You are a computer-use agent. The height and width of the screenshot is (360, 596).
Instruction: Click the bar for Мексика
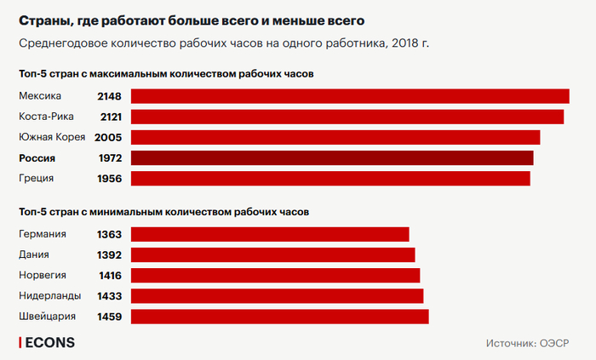(x=349, y=96)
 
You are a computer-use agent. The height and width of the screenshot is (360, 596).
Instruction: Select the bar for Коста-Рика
(x=347, y=117)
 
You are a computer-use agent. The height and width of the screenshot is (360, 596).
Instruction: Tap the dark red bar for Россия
(x=331, y=158)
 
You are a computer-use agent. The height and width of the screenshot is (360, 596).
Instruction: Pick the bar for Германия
(x=269, y=234)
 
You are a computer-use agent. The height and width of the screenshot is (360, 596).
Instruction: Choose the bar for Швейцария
(x=279, y=317)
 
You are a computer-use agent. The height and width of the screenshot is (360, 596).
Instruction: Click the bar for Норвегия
(x=275, y=275)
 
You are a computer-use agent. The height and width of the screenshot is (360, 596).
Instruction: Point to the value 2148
(x=110, y=96)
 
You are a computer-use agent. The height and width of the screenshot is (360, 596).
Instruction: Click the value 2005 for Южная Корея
(x=108, y=137)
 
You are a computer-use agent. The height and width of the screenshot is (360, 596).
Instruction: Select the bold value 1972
(x=110, y=158)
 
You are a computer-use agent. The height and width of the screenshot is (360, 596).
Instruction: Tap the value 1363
(x=110, y=234)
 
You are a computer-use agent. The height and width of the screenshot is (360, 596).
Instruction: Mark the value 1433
(x=110, y=295)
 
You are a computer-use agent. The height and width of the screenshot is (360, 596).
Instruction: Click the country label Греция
(x=36, y=179)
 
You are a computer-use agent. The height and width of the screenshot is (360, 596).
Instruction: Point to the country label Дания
(x=33, y=254)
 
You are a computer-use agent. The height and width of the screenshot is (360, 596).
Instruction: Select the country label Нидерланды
(x=49, y=295)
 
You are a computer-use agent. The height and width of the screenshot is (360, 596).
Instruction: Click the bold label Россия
(x=37, y=158)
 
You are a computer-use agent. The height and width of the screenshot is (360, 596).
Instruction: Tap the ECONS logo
(x=48, y=343)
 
